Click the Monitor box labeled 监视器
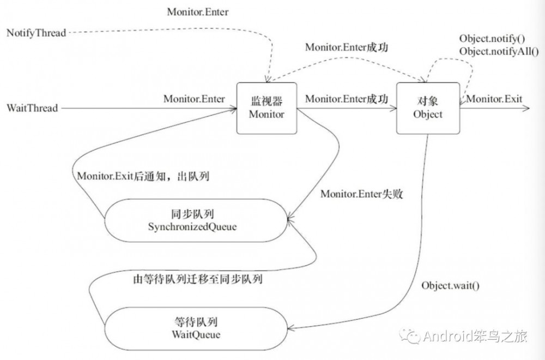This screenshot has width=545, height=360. tap(267, 108)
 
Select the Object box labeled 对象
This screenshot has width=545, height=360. tap(427, 108)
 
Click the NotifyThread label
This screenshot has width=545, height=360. tap(36, 33)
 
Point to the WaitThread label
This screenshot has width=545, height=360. tap(32, 108)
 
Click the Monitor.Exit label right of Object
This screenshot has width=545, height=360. tap(494, 99)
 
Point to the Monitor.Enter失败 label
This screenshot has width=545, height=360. tap(362, 194)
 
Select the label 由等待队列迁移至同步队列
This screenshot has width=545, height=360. tap(198, 280)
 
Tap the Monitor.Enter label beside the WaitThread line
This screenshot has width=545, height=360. tap(194, 99)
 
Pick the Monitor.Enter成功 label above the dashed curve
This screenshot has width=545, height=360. tap(347, 47)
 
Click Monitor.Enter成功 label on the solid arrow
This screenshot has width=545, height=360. tap(347, 99)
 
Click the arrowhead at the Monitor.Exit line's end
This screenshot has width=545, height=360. tap(526, 108)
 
